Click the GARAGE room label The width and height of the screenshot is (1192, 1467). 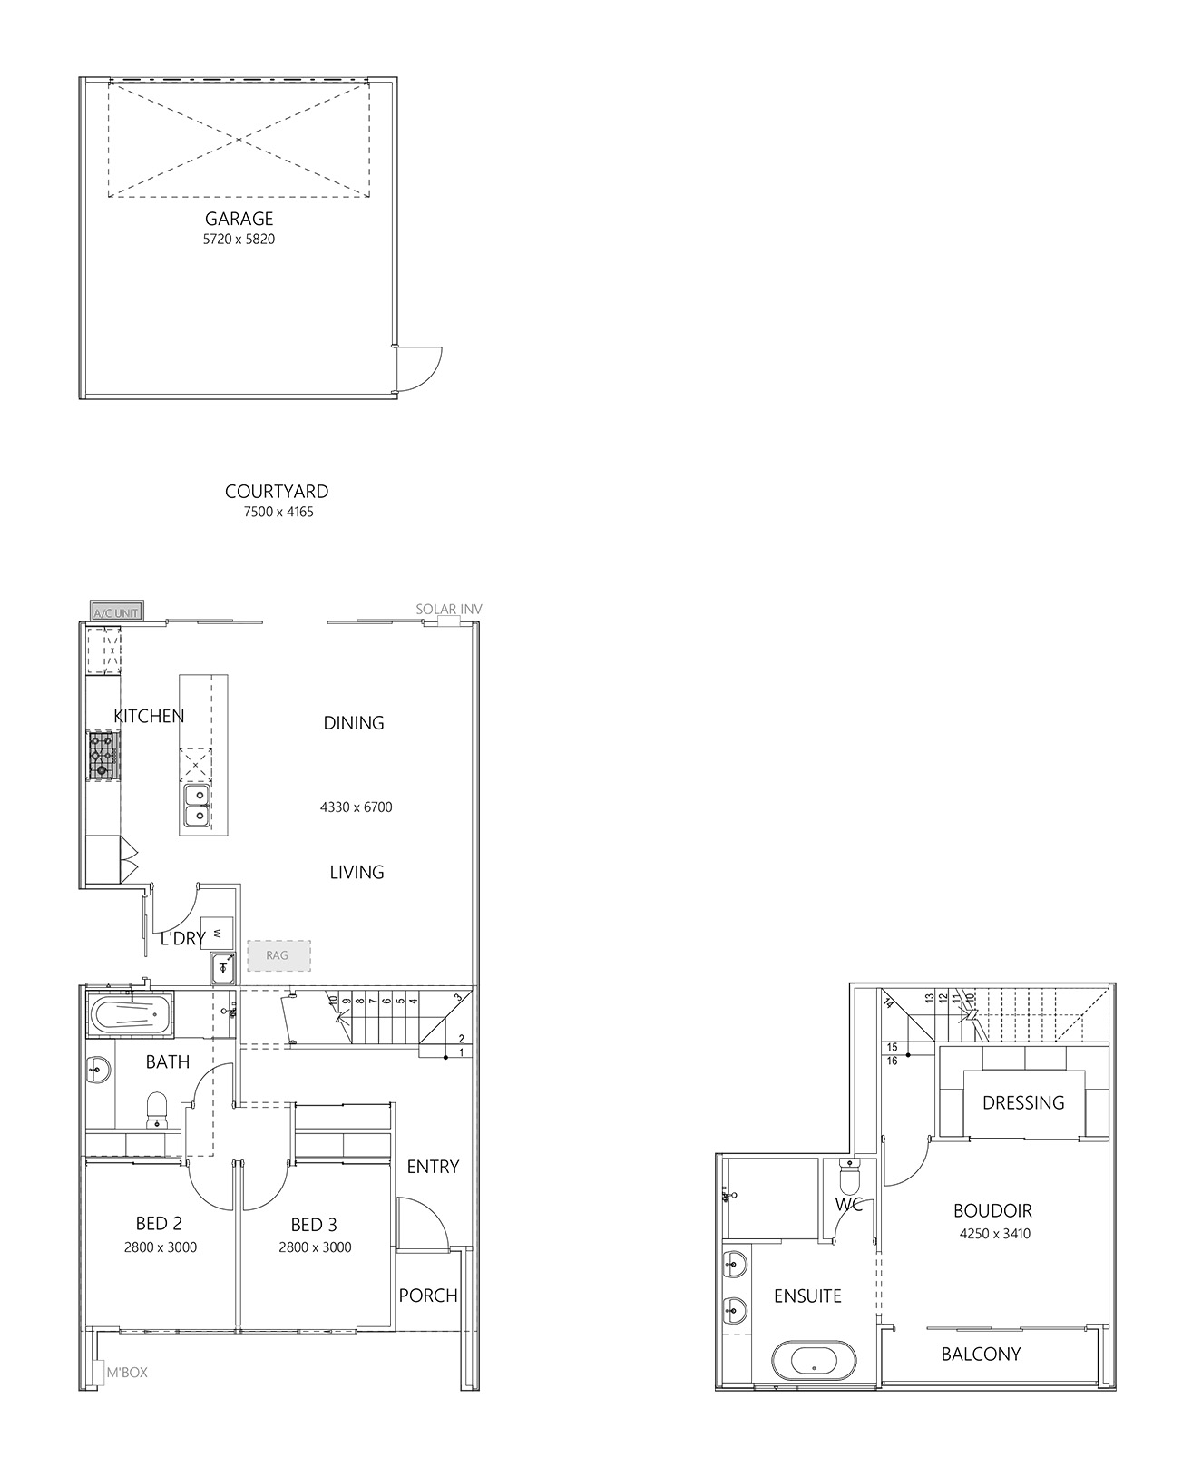pos(239,219)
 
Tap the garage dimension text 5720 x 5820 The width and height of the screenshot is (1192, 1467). pos(239,240)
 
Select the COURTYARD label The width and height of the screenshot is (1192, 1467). pos(277,492)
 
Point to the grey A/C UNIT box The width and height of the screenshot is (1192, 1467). pos(117,611)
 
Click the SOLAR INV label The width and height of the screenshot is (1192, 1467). pos(449,610)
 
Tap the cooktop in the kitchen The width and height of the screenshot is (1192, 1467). pos(103,756)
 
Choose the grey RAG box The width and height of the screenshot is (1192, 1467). pos(278,955)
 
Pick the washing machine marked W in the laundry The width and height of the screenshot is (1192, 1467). pos(217,934)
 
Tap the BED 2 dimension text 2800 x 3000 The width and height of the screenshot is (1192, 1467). pos(161,1247)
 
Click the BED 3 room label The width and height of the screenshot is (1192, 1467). pos(314,1225)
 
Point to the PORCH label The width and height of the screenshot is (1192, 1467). pos(428,1296)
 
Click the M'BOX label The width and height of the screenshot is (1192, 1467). pos(127,1373)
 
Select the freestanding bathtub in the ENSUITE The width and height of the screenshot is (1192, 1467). pos(814,1361)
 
